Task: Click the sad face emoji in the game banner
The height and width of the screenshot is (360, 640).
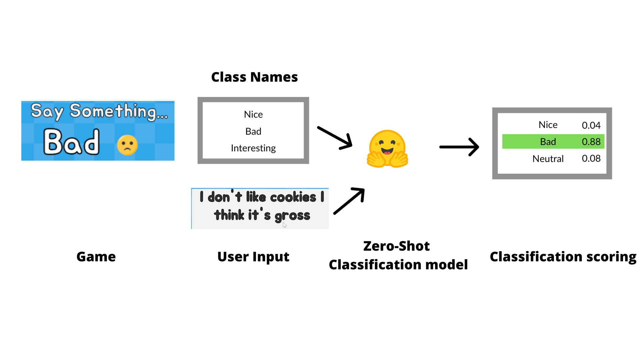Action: click(x=127, y=145)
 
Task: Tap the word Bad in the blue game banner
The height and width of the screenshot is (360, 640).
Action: click(x=71, y=142)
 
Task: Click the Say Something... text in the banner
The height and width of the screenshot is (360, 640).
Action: click(x=99, y=111)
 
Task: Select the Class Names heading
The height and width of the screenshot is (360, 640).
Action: click(x=254, y=77)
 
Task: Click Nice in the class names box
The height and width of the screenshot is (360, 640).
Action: click(x=253, y=114)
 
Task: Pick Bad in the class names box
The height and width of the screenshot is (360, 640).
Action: click(x=253, y=131)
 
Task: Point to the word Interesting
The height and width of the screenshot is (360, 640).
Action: click(x=253, y=148)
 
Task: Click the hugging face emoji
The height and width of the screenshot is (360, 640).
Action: click(x=387, y=149)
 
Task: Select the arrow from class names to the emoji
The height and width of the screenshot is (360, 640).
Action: click(x=335, y=137)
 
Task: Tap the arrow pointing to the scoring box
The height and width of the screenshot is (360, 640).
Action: click(x=459, y=147)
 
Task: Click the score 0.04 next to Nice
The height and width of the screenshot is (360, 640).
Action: click(x=591, y=125)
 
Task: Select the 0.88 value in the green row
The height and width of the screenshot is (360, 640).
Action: click(x=591, y=142)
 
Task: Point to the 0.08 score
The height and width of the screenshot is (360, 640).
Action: click(x=591, y=158)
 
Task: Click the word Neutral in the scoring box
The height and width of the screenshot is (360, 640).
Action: click(x=548, y=159)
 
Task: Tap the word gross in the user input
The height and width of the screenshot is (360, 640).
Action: click(x=292, y=216)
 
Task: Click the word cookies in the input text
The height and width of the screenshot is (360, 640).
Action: click(x=293, y=197)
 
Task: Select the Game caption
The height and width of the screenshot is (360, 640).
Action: click(x=96, y=257)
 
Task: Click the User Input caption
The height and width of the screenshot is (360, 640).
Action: click(x=253, y=257)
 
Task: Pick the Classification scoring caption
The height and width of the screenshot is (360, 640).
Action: click(x=563, y=257)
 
